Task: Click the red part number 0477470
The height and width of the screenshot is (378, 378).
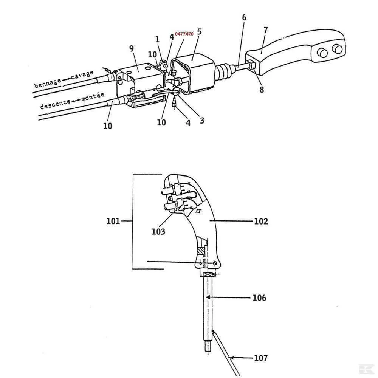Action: point(184,34)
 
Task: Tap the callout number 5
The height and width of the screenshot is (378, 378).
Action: point(199,32)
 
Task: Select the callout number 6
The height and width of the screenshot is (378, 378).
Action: point(244,17)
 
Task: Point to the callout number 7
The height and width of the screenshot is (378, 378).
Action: point(265,30)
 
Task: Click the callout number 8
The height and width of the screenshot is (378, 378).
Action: point(262,90)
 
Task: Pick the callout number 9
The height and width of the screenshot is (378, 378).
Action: point(132,48)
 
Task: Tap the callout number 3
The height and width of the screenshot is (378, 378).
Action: point(202,121)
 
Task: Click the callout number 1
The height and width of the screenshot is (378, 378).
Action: point(157,39)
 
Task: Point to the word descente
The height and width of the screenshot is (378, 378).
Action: point(55,104)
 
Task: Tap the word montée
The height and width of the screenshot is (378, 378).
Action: point(93,96)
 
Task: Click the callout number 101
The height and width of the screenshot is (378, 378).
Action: point(113,221)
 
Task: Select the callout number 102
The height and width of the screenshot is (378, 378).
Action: point(261,221)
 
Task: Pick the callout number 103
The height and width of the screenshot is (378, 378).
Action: point(158,232)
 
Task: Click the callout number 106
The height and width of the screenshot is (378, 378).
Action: point(259,298)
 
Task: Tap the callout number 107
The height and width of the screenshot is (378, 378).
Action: point(261,358)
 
